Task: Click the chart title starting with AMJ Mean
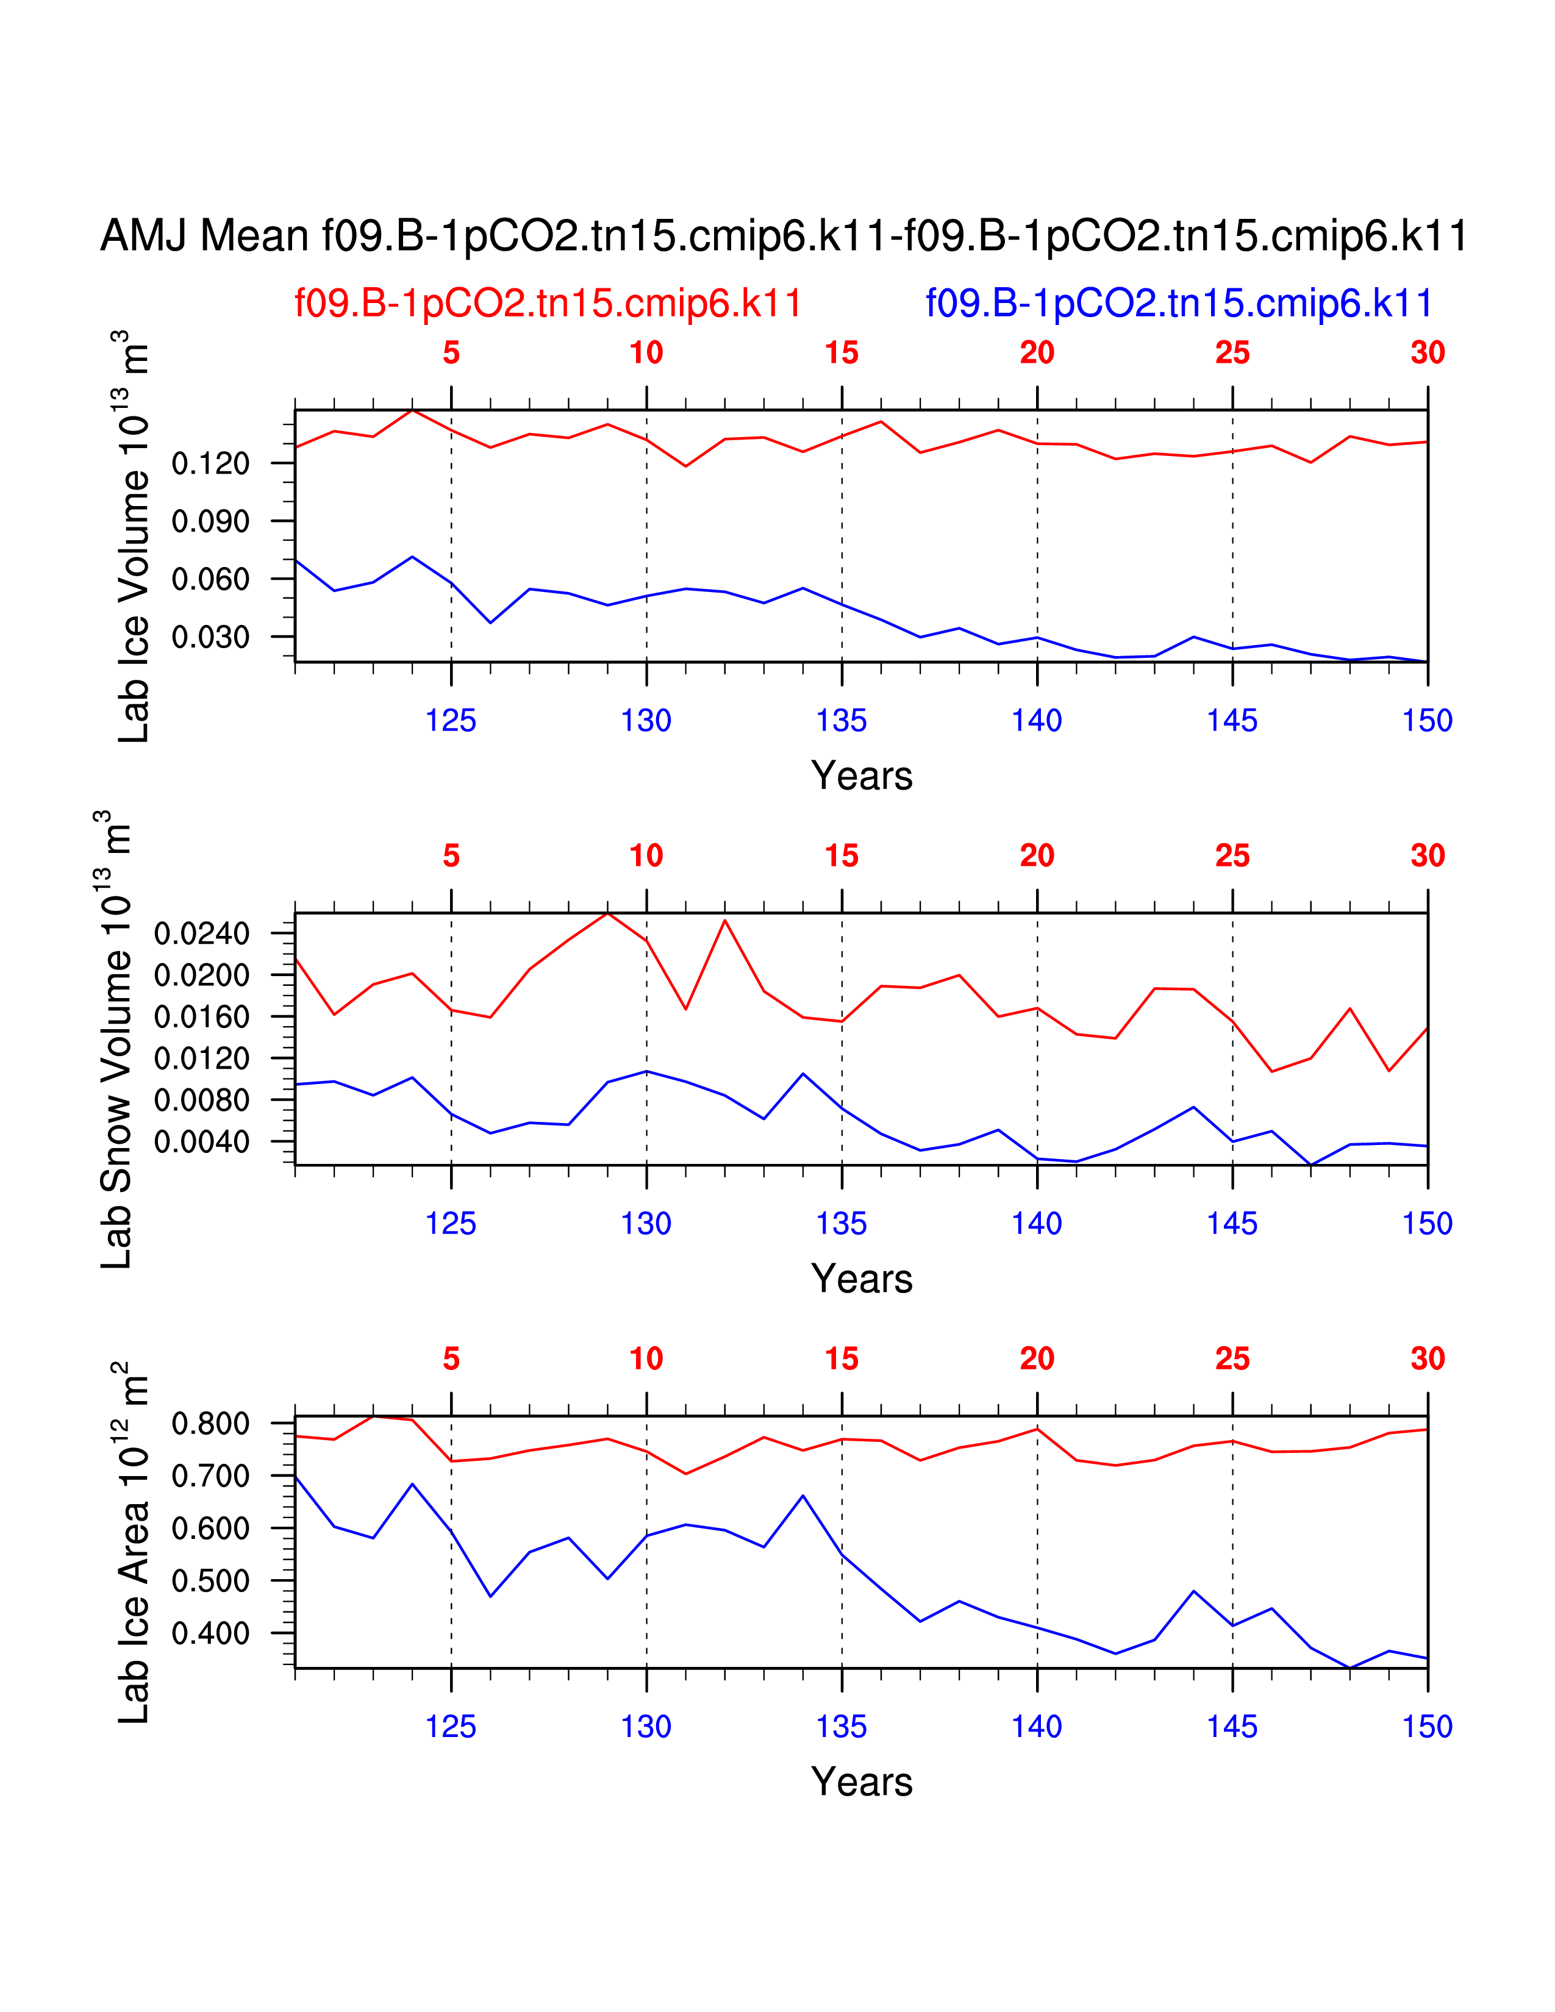pyautogui.click(x=783, y=236)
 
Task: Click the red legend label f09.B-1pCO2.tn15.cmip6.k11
pyautogui.click(x=548, y=303)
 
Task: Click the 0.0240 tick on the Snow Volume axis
pyautogui.click(x=202, y=934)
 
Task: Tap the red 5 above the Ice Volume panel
pyautogui.click(x=451, y=353)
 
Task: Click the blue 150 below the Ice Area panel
pyautogui.click(x=1427, y=1727)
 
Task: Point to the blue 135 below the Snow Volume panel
pyautogui.click(x=841, y=1224)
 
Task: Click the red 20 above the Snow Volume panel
pyautogui.click(x=1036, y=856)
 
